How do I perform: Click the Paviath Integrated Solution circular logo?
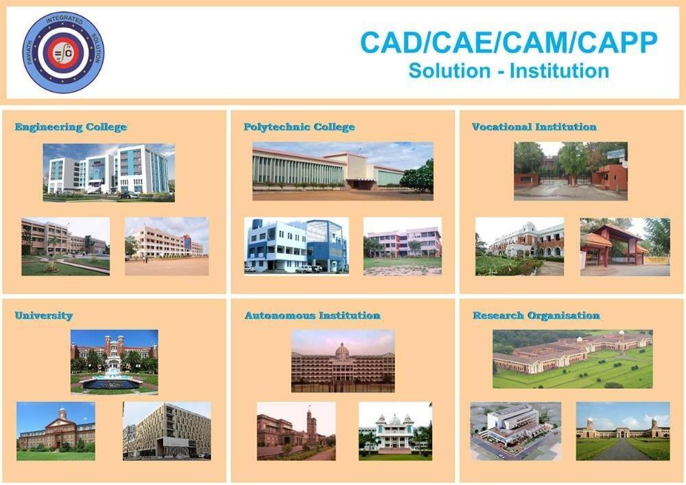[x=63, y=53]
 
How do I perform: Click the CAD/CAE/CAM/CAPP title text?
[x=509, y=43]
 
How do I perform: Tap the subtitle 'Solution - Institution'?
[x=509, y=71]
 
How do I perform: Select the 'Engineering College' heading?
[x=71, y=127]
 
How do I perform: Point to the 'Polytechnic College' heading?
[x=299, y=127]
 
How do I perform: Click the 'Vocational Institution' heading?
[x=534, y=127]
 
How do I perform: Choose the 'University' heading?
[x=44, y=316]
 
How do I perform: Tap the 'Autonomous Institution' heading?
[x=312, y=316]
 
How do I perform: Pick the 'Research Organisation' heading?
[x=536, y=316]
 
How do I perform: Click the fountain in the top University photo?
[x=112, y=380]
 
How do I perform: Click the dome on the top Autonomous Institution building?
[x=342, y=349]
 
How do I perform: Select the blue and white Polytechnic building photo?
[x=296, y=246]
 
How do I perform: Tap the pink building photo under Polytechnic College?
[x=403, y=247]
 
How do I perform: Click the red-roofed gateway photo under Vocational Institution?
[x=625, y=247]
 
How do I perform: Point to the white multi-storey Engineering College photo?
[x=108, y=173]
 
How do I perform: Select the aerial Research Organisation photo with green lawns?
[x=573, y=359]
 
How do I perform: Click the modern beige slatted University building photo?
[x=167, y=431]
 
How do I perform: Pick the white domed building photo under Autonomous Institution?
[x=396, y=431]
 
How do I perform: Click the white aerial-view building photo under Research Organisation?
[x=516, y=431]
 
